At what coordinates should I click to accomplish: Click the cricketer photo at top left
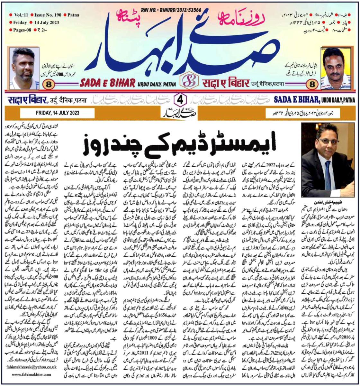pyautogui.click(x=24, y=69)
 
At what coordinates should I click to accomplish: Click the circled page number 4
pyautogui.click(x=180, y=99)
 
